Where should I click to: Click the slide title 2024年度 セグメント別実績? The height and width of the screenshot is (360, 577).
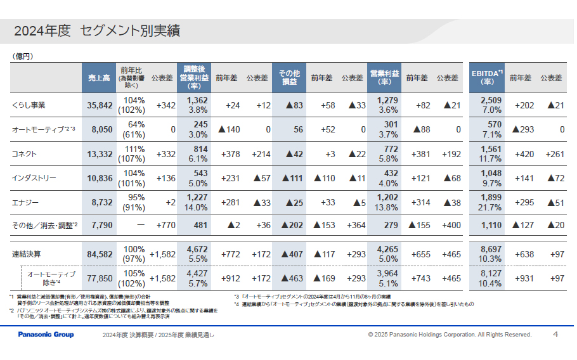[96, 30]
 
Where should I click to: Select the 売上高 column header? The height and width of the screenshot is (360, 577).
[98, 78]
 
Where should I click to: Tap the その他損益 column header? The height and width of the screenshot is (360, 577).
[289, 78]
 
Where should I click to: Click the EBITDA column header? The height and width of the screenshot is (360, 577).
[487, 78]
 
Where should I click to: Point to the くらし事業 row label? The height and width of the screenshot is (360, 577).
[29, 105]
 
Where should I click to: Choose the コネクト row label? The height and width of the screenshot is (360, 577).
[25, 154]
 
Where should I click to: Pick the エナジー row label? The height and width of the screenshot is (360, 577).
[25, 203]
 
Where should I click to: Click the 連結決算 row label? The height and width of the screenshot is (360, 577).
[26, 254]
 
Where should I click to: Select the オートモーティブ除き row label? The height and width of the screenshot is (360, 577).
[51, 278]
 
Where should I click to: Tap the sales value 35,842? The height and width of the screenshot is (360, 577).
[99, 105]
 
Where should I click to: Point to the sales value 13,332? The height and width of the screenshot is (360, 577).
[99, 154]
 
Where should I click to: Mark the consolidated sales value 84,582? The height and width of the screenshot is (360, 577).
[99, 254]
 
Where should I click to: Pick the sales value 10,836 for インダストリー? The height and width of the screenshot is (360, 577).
[99, 179]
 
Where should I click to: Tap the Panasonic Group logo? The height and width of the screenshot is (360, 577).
[46, 334]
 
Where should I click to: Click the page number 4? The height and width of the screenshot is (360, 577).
[555, 334]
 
